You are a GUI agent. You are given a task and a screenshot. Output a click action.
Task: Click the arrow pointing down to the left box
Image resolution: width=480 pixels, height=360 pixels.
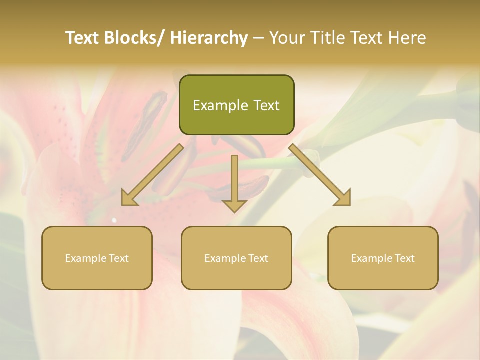pyautogui.click(x=152, y=174)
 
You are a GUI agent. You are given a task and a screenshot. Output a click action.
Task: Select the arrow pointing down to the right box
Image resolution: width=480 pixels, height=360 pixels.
pyautogui.click(x=320, y=174)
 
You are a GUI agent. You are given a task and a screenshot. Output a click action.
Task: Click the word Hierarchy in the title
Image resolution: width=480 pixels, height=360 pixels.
pyautogui.click(x=209, y=38)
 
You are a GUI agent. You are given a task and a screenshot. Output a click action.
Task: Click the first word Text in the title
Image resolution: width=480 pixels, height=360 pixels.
pyautogui.click(x=83, y=38)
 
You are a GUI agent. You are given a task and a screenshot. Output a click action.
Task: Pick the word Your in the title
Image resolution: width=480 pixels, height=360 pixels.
pyautogui.click(x=287, y=38)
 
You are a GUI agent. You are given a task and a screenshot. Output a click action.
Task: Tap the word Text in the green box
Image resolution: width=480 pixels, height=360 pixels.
pyautogui.click(x=265, y=105)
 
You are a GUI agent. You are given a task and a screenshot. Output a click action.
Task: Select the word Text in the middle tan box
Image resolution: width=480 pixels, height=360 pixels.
pyautogui.click(x=258, y=258)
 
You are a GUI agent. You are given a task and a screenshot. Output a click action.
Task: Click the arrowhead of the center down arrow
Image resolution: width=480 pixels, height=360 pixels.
pyautogui.click(x=234, y=205)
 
